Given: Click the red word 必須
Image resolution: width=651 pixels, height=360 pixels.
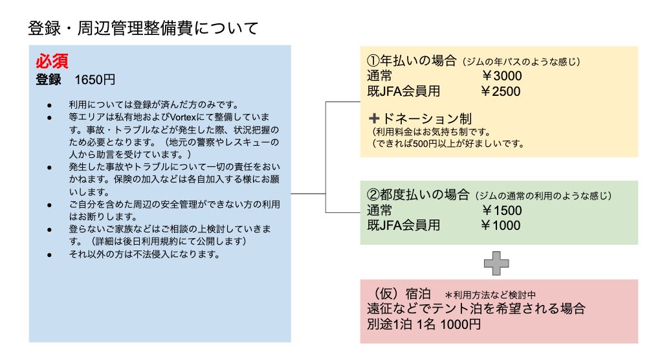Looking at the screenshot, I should point(52,62).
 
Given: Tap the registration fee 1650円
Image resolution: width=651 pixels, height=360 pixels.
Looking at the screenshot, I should point(95,80).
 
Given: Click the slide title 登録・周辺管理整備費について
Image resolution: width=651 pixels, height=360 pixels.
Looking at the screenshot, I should point(143,28).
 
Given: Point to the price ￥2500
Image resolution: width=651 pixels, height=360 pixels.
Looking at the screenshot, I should point(500,91).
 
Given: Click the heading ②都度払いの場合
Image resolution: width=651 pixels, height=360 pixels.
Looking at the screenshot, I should point(418,195).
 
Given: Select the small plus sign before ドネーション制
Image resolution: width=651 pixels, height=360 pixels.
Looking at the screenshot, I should point(373,119).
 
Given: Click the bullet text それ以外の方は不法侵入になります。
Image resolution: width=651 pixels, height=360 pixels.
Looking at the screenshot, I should point(145,254).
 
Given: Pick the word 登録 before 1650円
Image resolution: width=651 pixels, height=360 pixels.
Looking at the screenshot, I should point(49,80).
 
